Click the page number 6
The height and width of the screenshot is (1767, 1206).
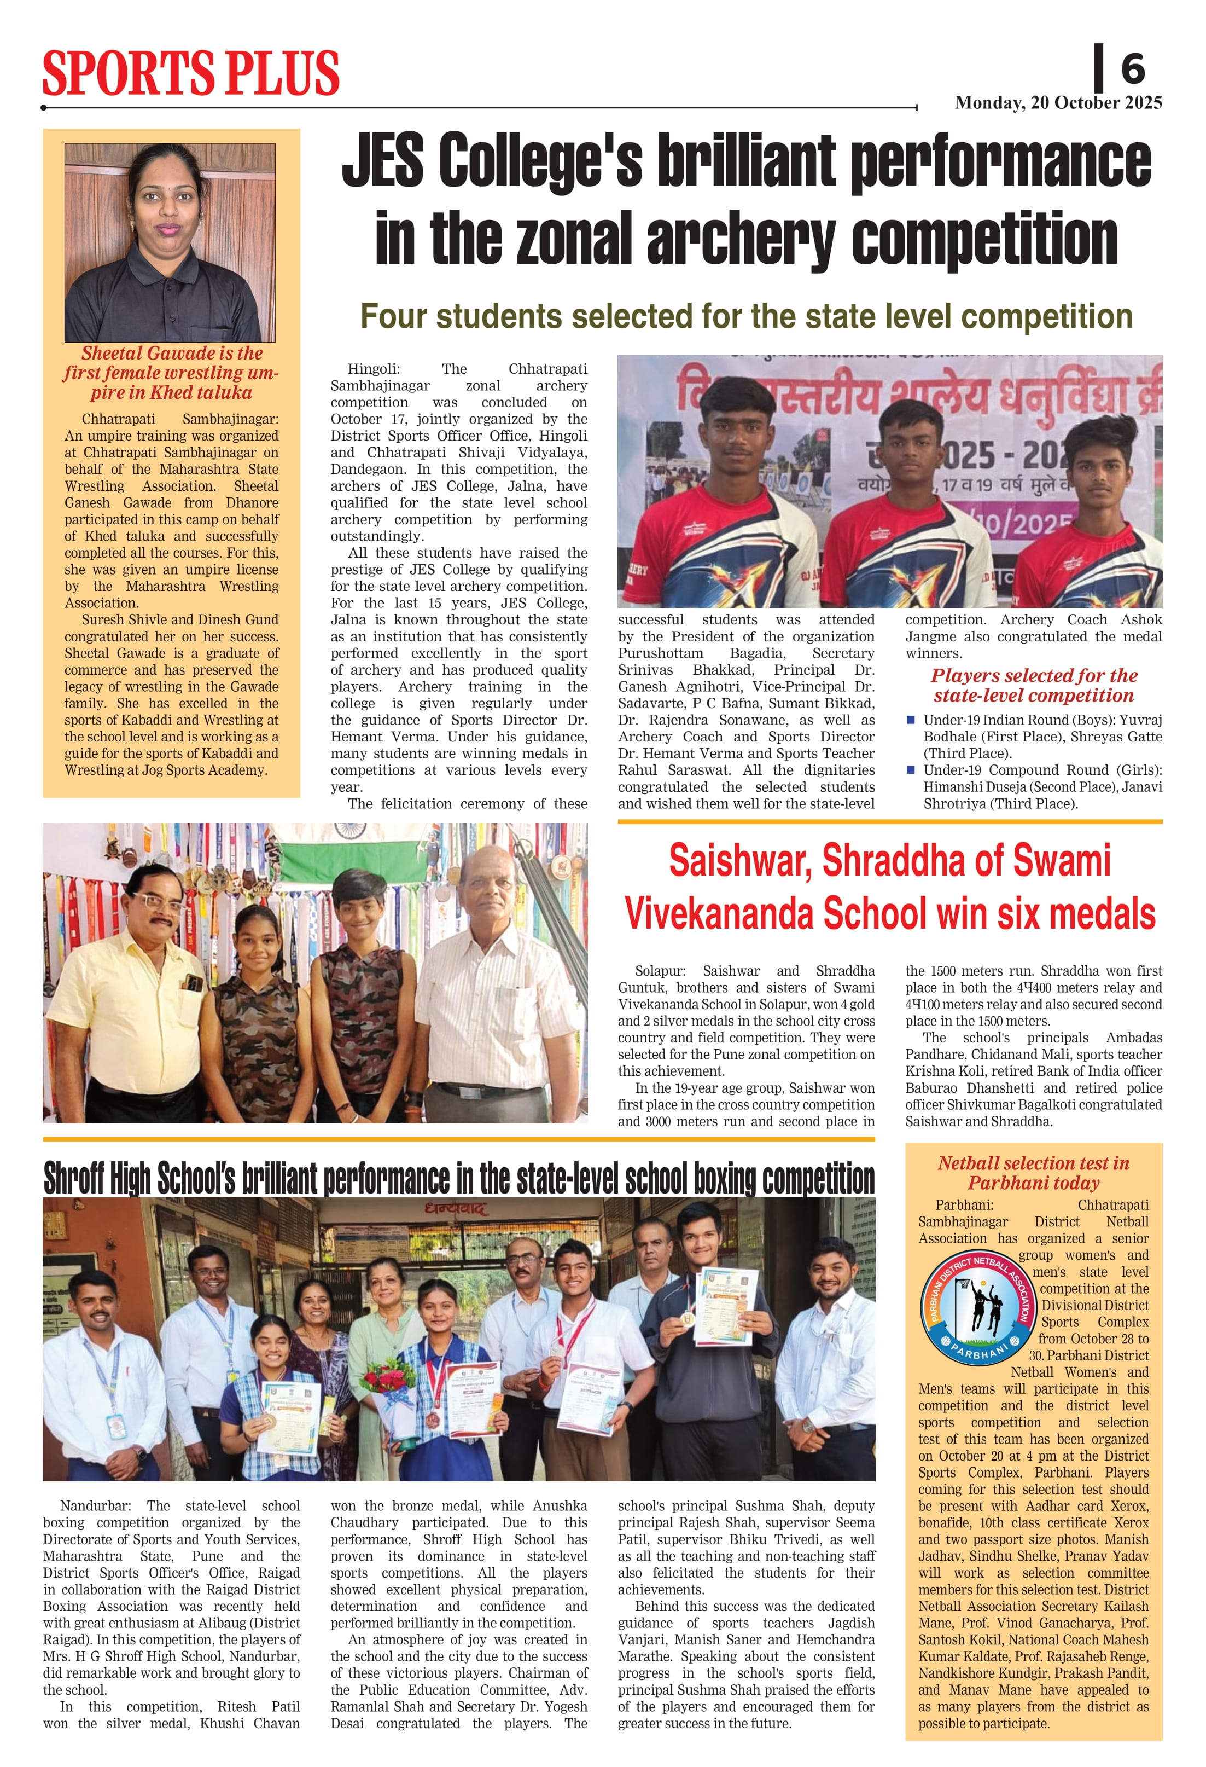[1132, 69]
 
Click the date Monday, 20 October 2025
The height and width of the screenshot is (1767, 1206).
[1058, 103]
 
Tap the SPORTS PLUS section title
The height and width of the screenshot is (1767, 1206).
[191, 73]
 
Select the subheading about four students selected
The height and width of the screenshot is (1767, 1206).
[746, 316]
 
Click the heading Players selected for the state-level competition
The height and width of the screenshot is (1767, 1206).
[1034, 685]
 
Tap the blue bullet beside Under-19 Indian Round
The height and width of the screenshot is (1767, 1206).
[911, 719]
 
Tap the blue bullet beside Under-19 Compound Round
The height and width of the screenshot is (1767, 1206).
[911, 769]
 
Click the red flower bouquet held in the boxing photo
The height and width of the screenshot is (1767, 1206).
[388, 1376]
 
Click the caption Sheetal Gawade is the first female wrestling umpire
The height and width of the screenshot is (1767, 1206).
[171, 373]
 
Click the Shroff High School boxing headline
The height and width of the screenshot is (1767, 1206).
[459, 1179]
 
